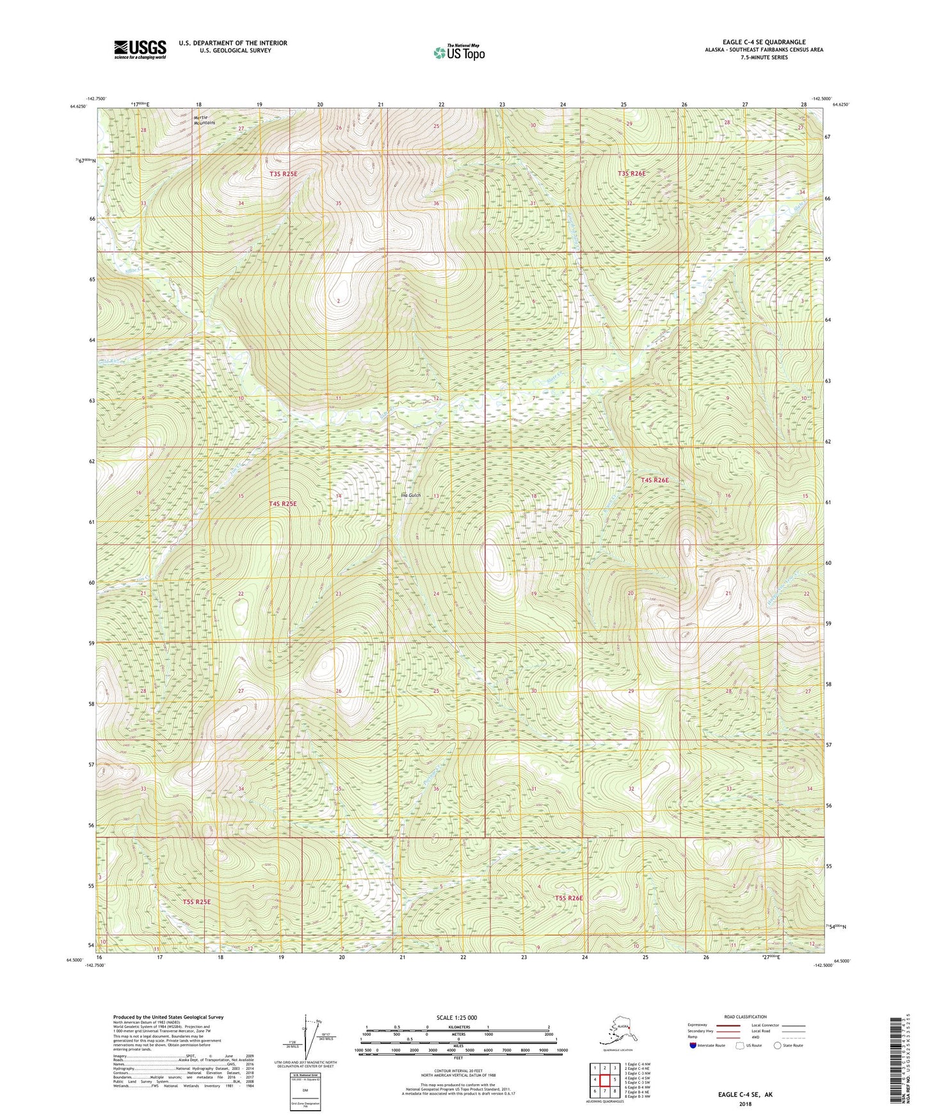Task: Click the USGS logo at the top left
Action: [x=140, y=49]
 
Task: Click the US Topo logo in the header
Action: [x=458, y=52]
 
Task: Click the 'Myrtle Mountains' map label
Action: [x=204, y=120]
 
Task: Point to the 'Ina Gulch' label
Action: [x=410, y=495]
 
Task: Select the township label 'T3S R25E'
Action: [x=283, y=173]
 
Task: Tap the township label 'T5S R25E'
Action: [x=197, y=901]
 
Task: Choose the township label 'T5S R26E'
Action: [x=568, y=898]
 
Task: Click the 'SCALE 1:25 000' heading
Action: [x=457, y=1017]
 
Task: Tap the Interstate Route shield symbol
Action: [x=693, y=1045]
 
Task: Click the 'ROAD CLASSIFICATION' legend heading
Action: [x=746, y=1017]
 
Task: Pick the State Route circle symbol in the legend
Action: [x=777, y=1045]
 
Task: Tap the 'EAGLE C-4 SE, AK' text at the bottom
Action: [x=745, y=1095]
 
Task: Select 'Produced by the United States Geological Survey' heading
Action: [x=168, y=1017]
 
